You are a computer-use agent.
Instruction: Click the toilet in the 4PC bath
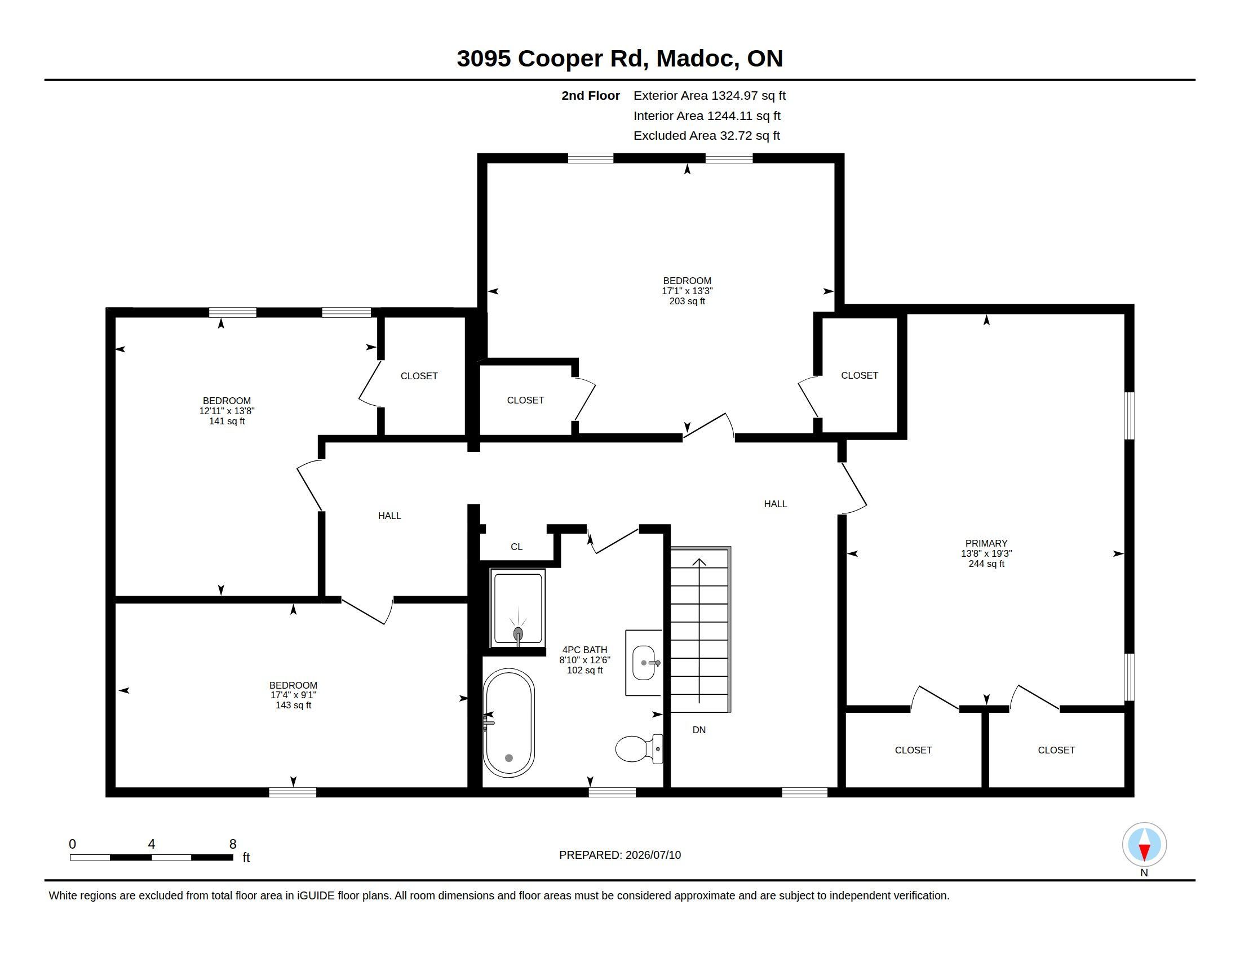639,748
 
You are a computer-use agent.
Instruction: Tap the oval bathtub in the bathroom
508,723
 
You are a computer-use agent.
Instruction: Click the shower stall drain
518,633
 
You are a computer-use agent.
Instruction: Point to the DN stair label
699,730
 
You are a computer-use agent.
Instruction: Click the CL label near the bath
516,547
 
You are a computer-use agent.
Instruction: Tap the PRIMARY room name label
986,543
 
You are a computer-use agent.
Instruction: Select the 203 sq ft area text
687,301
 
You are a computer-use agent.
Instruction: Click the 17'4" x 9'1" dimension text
293,695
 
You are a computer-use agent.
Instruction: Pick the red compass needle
1144,851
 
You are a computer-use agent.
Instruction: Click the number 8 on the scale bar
233,844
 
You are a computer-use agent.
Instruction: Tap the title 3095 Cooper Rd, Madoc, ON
620,59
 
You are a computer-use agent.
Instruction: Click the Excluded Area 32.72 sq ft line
707,136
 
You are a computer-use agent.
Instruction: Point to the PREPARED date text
620,855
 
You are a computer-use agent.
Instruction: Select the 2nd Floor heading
591,96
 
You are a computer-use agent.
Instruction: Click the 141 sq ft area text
227,421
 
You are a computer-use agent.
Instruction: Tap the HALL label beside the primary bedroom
776,504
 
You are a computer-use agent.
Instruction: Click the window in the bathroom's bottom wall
612,793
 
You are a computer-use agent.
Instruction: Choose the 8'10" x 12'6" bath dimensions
585,660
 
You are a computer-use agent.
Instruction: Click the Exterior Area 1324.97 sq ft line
710,96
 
